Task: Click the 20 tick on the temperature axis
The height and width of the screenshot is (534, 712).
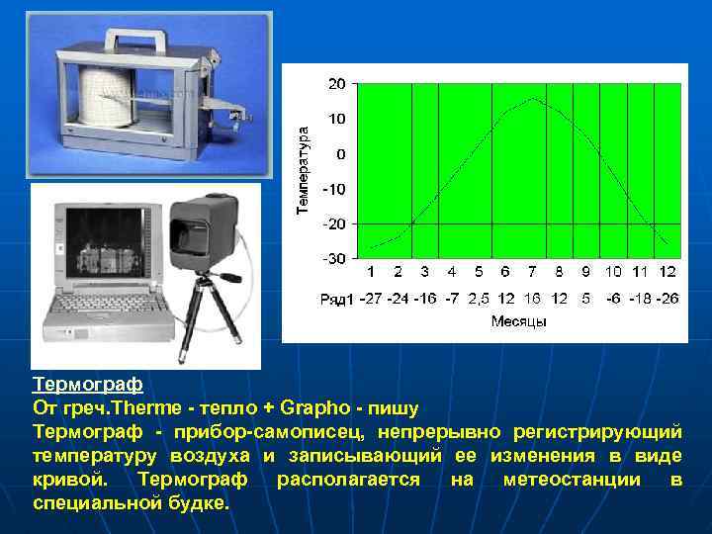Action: [337, 84]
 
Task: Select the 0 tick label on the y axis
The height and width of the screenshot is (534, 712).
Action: [341, 154]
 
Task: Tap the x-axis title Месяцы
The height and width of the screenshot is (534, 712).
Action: [518, 321]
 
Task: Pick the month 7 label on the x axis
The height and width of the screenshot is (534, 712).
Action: [532, 271]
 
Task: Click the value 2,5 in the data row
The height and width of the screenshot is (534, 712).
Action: [479, 298]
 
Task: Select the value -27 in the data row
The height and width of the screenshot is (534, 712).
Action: [370, 298]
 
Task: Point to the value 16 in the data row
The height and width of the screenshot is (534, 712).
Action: [532, 298]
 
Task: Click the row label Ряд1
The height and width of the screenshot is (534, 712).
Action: [337, 299]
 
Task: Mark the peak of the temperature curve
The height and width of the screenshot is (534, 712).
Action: [533, 98]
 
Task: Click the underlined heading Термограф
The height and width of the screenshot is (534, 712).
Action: [88, 383]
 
